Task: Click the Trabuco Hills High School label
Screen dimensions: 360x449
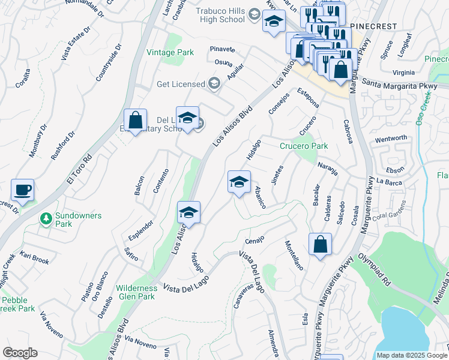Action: (x=221, y=15)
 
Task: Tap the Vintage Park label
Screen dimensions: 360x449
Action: (x=170, y=52)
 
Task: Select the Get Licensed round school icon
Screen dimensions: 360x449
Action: (x=214, y=83)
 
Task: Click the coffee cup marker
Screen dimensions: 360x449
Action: (x=23, y=190)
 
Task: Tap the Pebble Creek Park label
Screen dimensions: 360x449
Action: (x=18, y=304)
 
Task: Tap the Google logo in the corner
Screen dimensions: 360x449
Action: (x=20, y=353)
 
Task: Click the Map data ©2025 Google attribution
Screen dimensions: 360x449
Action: (x=412, y=355)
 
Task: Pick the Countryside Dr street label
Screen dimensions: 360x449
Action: (x=109, y=62)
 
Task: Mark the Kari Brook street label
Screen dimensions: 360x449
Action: (x=34, y=258)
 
